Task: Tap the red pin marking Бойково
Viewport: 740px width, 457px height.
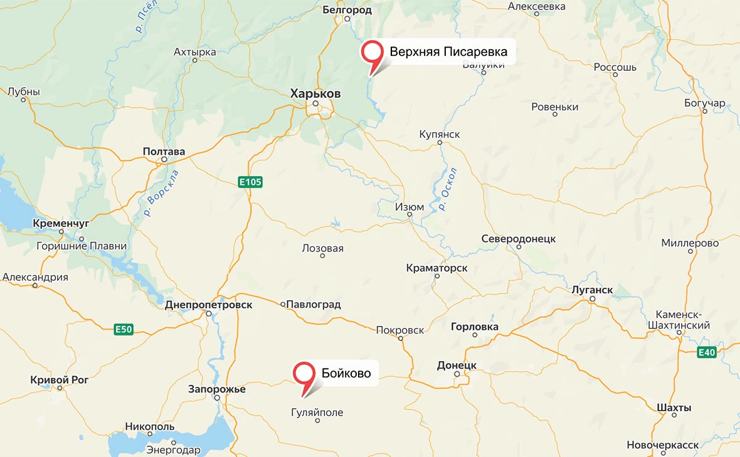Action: pyautogui.click(x=305, y=374)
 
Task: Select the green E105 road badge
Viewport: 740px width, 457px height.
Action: pyautogui.click(x=250, y=182)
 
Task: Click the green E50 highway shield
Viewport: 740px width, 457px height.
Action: pyautogui.click(x=124, y=329)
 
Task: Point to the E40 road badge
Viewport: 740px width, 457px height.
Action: pyautogui.click(x=707, y=353)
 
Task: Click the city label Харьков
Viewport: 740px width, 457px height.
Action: pyautogui.click(x=315, y=93)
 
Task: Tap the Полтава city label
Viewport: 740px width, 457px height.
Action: pyautogui.click(x=164, y=152)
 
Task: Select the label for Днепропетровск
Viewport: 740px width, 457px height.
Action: pyautogui.click(x=209, y=305)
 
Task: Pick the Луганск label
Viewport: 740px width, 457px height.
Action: pyautogui.click(x=592, y=290)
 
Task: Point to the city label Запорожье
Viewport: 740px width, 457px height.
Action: pyautogui.click(x=217, y=389)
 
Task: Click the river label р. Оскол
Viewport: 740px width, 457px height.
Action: pyautogui.click(x=448, y=189)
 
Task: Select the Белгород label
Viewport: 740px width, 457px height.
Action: pyautogui.click(x=347, y=10)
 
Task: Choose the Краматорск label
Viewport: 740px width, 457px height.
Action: pyautogui.click(x=437, y=268)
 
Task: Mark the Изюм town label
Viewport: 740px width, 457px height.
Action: pyautogui.click(x=410, y=207)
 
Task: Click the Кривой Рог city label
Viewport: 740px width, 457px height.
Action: pyautogui.click(x=60, y=379)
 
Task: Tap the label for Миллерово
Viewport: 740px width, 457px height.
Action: pyautogui.click(x=690, y=243)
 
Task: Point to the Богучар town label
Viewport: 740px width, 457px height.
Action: pyautogui.click(x=705, y=103)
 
